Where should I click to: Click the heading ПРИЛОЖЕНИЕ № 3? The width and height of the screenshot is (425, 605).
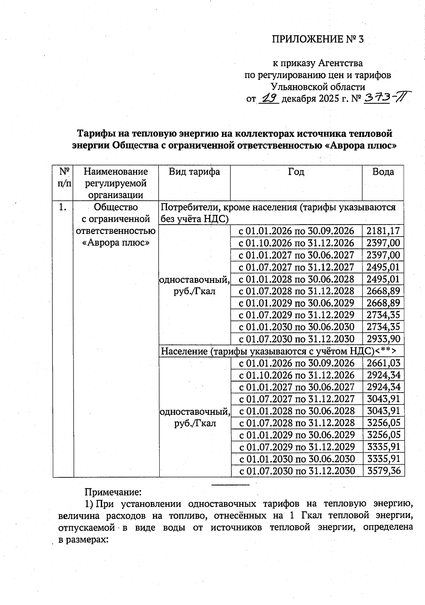318,39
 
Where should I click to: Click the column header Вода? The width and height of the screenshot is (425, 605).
383,172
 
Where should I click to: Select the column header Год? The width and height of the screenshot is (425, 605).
296,172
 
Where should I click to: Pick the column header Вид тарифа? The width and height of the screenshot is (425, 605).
194,172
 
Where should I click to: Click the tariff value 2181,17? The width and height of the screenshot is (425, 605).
383,231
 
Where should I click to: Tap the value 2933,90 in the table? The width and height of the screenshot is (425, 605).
383,339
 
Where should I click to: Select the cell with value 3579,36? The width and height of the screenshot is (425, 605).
384,471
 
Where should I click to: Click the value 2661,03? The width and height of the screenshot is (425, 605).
384,363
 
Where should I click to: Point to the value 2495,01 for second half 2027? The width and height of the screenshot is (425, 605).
383,267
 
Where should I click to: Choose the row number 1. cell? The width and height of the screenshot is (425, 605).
63,207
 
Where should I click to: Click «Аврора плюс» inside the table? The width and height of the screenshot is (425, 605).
116,243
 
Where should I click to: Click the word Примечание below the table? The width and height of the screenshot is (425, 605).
113,492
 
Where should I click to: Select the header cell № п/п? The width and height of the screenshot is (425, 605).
63,178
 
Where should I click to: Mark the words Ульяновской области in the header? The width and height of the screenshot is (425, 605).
318,87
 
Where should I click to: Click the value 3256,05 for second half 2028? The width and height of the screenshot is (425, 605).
384,423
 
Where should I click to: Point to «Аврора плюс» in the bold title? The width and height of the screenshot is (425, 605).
360,146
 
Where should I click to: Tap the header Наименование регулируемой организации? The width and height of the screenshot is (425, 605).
116,183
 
